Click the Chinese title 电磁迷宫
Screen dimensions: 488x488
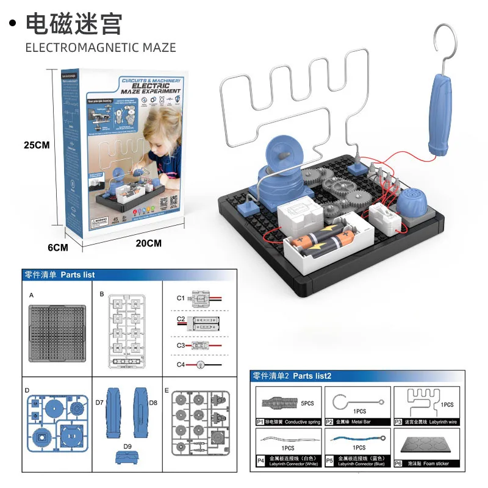pyautogui.click(x=74, y=24)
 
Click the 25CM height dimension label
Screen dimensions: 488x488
pyautogui.click(x=36, y=145)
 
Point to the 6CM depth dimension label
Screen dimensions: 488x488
pyautogui.click(x=57, y=248)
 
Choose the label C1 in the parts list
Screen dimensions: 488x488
pyautogui.click(x=181, y=298)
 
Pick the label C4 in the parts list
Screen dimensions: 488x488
pyautogui.click(x=181, y=365)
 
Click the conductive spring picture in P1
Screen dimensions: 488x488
pyautogui.click(x=281, y=403)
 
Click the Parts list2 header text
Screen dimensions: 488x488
pyautogui.click(x=312, y=376)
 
